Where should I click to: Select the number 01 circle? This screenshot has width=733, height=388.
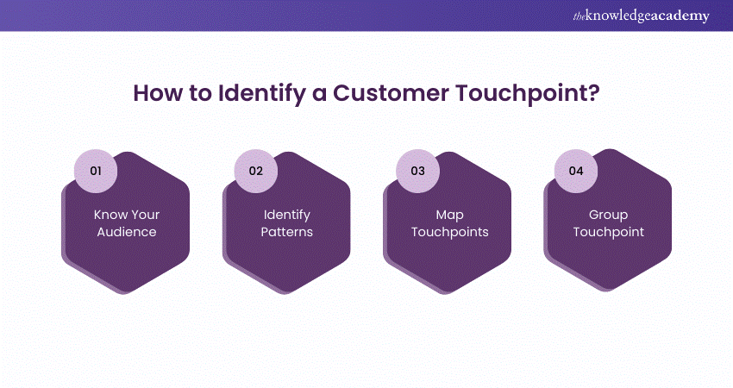pyautogui.click(x=96, y=171)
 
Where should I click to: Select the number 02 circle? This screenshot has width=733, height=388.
pyautogui.click(x=255, y=171)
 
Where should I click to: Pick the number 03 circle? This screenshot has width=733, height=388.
pyautogui.click(x=417, y=171)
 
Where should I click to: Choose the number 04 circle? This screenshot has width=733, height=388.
pyautogui.click(x=576, y=171)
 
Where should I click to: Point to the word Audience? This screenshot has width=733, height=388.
pyautogui.click(x=127, y=232)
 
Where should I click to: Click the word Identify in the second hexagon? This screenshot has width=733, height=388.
pyautogui.click(x=286, y=215)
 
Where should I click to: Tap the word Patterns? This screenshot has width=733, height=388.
pyautogui.click(x=286, y=232)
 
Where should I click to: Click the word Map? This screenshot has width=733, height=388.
pyautogui.click(x=448, y=215)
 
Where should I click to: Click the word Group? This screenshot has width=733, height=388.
pyautogui.click(x=608, y=215)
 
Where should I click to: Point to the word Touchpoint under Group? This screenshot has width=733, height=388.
pyautogui.click(x=608, y=232)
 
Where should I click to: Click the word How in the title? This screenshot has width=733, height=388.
pyautogui.click(x=155, y=93)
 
